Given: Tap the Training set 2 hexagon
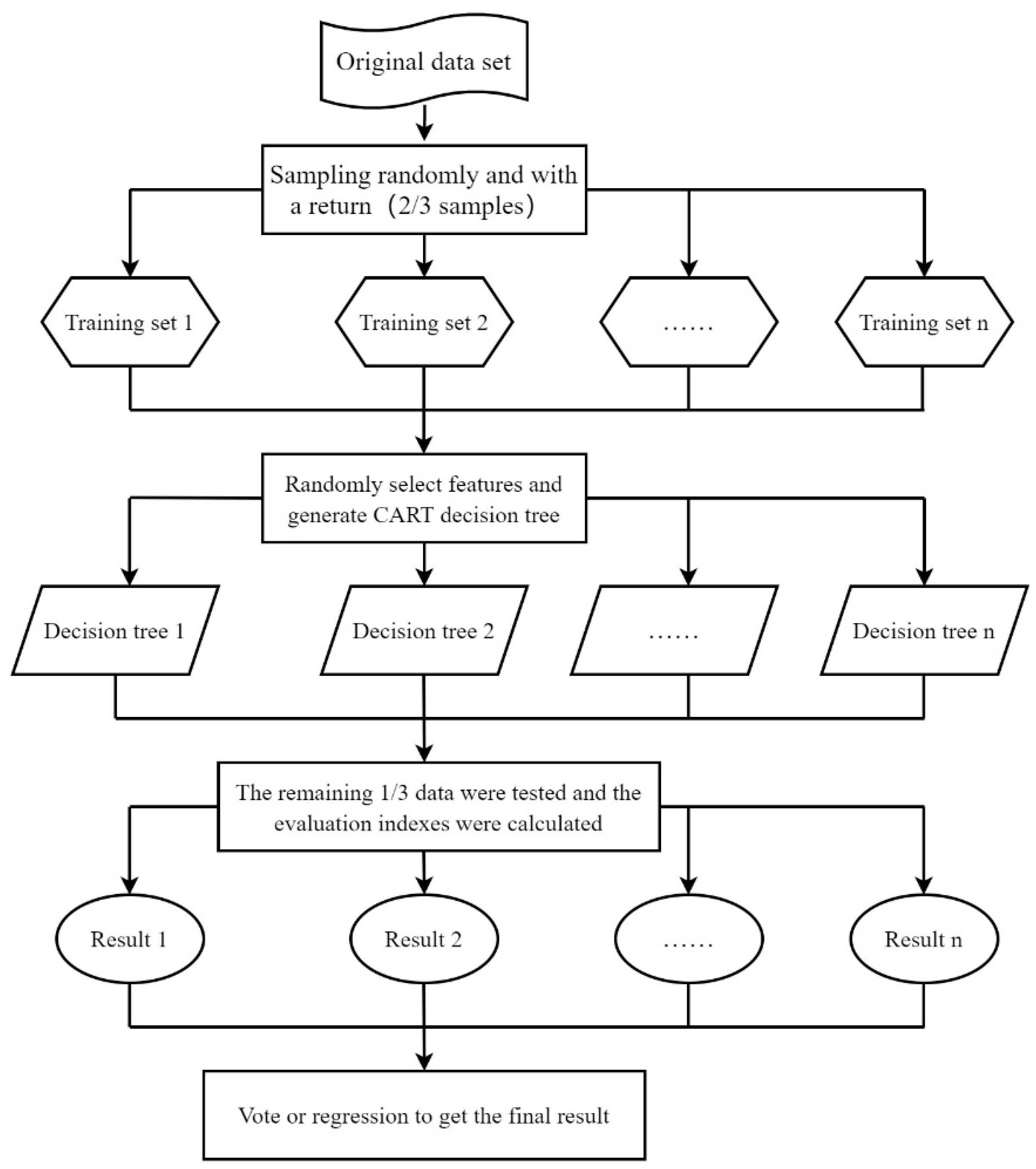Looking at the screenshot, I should pos(423,322).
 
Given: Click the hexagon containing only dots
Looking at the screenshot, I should pos(688,322).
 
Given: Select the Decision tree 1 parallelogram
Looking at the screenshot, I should pos(115,630).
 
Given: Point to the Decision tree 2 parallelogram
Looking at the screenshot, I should pos(423,630).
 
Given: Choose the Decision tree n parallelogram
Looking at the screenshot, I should pos(923,630).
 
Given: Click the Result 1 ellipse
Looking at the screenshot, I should pos(130,939).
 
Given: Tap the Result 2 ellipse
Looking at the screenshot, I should pos(423,939).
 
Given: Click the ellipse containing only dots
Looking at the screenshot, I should pos(688,939).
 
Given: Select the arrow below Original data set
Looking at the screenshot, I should pos(424,123).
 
